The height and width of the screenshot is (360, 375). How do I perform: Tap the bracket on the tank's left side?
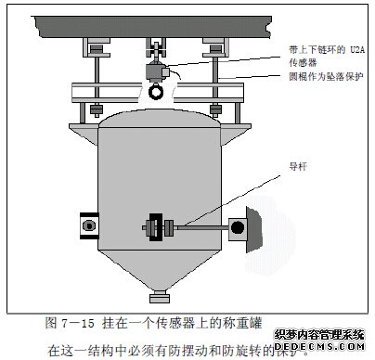coord(88,225)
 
